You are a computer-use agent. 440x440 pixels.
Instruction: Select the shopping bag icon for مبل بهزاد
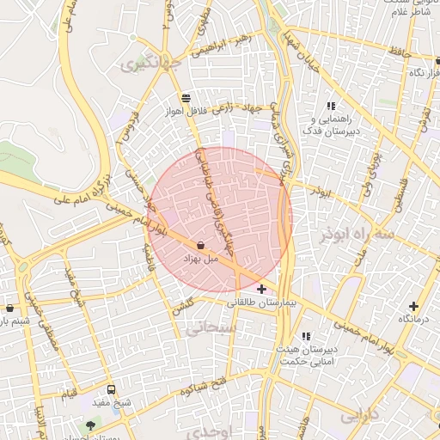[x=199, y=245]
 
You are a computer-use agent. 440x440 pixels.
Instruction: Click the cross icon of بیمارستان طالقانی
[x=261, y=290]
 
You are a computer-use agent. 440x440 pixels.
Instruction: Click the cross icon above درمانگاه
[x=414, y=305]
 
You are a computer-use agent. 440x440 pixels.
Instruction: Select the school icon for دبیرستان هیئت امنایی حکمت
[x=306, y=336]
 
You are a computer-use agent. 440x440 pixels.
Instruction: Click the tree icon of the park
[x=91, y=425]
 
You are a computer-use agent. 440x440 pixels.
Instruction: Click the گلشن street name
[x=181, y=307]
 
